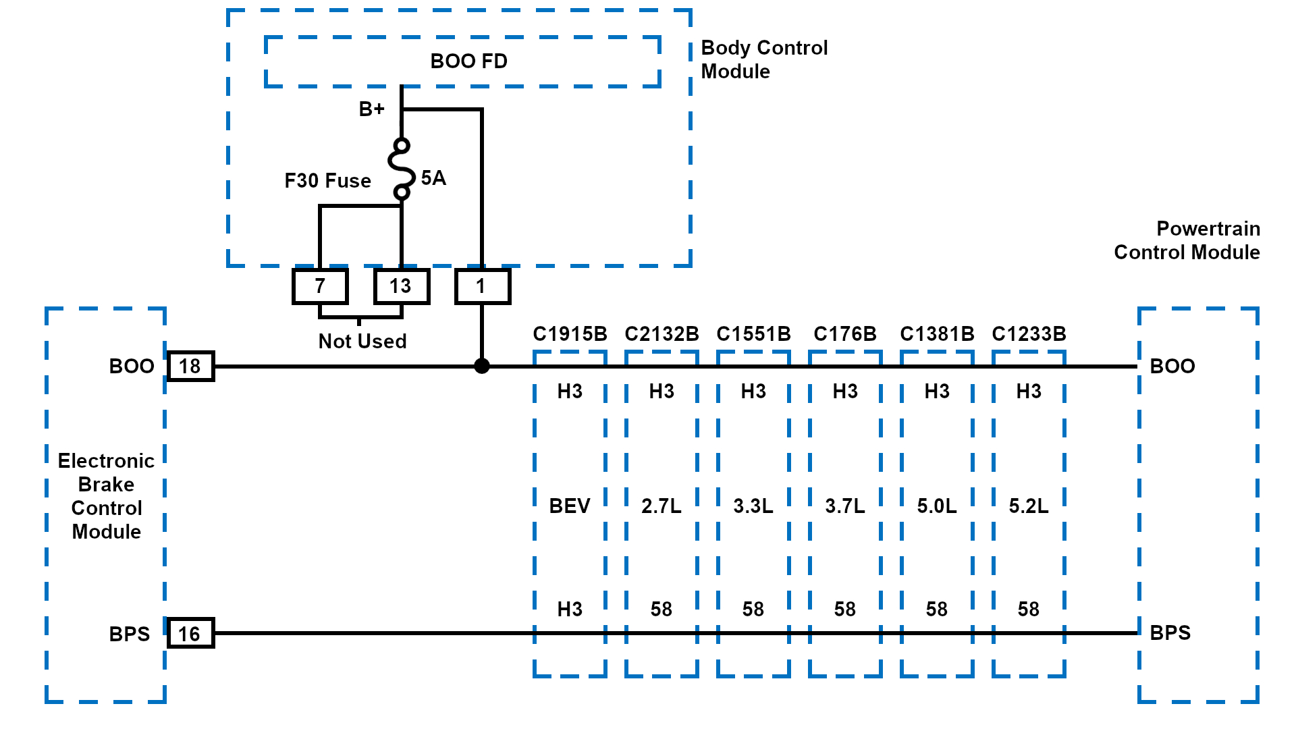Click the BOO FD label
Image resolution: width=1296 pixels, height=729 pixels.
(x=468, y=61)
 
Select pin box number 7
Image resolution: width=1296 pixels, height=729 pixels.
(x=320, y=286)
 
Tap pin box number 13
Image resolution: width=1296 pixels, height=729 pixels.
(x=401, y=286)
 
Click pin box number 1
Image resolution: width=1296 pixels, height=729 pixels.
(x=481, y=286)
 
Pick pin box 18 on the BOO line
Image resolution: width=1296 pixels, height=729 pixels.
(x=190, y=367)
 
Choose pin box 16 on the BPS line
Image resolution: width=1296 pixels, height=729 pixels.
(x=190, y=633)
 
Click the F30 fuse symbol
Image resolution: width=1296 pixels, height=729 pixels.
(x=402, y=169)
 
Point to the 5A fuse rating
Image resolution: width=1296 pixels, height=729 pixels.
(x=433, y=178)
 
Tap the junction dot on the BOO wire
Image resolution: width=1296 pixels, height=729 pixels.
(x=481, y=366)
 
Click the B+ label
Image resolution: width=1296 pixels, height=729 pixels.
(x=371, y=109)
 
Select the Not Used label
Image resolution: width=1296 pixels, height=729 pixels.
(x=362, y=342)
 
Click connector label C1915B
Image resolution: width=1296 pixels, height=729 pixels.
(x=570, y=334)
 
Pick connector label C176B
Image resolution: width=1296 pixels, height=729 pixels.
(x=845, y=334)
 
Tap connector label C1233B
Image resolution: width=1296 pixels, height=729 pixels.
(x=1029, y=334)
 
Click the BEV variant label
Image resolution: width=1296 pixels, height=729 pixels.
(x=570, y=506)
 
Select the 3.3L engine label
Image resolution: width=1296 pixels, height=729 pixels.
(x=753, y=506)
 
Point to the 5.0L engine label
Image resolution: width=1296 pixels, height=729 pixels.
(x=937, y=506)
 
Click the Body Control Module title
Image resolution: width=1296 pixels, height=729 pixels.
(x=764, y=59)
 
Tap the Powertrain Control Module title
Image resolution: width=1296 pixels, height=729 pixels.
(x=1187, y=240)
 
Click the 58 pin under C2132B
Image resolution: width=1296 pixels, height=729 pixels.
(x=661, y=610)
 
